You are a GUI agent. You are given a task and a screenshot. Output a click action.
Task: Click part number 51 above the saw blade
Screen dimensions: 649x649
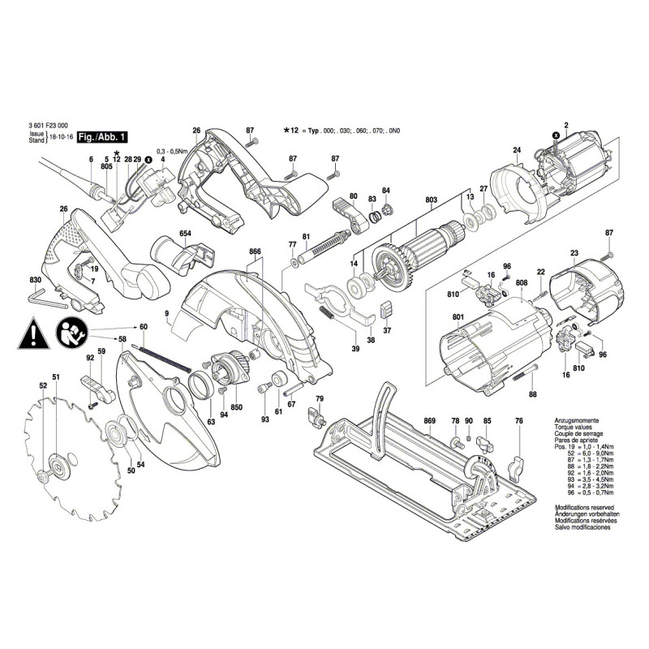click(x=56, y=377)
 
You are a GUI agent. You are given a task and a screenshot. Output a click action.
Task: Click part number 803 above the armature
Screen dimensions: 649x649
click(x=430, y=200)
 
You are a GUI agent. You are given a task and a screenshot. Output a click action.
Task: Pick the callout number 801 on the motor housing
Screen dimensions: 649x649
click(x=458, y=316)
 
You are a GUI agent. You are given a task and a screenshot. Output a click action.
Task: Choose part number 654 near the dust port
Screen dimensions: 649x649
click(x=185, y=234)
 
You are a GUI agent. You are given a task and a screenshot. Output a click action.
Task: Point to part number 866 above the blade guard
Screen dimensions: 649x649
click(x=256, y=253)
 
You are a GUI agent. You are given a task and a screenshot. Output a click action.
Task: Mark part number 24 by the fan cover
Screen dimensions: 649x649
click(x=516, y=149)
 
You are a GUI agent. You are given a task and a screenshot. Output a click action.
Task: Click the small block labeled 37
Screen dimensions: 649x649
click(x=386, y=309)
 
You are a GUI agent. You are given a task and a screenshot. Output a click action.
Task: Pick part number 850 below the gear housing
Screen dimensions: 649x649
click(x=237, y=406)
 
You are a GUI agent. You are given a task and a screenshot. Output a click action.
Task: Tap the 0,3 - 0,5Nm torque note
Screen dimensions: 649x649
click(x=172, y=152)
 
